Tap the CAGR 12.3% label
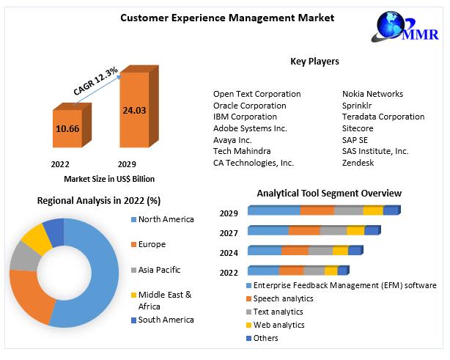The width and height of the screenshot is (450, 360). pos(95,81)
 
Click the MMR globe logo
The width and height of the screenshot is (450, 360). pos(405,26)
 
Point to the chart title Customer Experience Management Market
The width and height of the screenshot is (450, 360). pos(227,18)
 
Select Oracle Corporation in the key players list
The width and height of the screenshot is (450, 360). pos(249,106)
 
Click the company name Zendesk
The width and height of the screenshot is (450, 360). pos(358,163)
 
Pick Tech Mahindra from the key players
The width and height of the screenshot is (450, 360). pos(242,151)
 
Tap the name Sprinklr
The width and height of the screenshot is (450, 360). pos(357,106)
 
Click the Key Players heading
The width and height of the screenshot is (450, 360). pos(314,61)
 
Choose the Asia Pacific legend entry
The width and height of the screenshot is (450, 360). pos(156,270)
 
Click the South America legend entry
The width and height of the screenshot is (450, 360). pos(163,320)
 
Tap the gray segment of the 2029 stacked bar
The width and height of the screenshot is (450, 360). pos(349,210)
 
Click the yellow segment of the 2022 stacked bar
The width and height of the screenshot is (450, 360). pos(331,271)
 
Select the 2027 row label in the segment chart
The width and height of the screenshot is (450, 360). pos(229,233)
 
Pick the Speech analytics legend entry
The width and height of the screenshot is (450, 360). pos(280,298)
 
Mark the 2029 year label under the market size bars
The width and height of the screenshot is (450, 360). pos(127,164)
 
